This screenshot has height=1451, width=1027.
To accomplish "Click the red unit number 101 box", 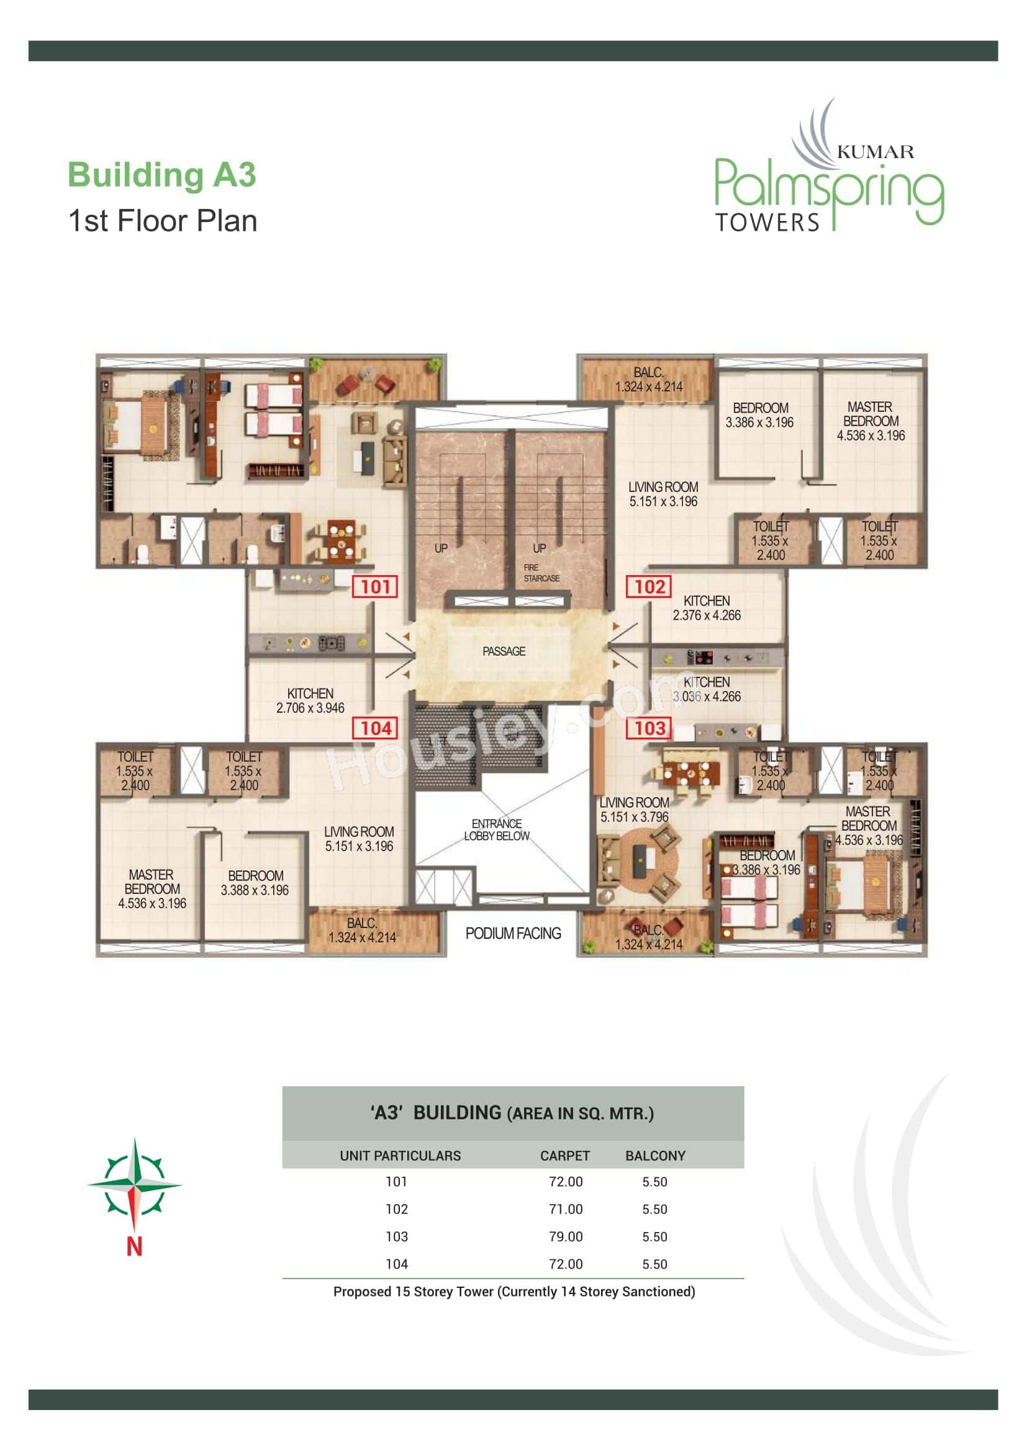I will pos(375,586).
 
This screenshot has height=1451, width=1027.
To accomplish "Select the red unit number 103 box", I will pos(649,728).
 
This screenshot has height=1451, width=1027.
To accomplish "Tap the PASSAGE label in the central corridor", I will pos(504,651).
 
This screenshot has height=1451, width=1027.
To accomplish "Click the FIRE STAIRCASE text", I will pos(541,573).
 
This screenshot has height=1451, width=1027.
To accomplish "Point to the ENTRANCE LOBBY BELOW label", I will pos(497,830).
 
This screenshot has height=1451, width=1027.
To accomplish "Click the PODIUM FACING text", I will pos(513,934).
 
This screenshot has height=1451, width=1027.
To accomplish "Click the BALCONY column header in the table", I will pos(655,1156).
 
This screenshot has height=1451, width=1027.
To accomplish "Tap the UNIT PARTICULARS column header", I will pos(400,1156).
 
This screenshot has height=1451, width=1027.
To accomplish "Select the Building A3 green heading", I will pos(162,175).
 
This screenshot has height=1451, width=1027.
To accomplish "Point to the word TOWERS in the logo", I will pos(766,223).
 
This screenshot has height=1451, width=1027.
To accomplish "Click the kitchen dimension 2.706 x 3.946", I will pos(310,708).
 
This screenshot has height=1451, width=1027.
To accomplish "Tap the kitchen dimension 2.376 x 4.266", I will pos(707,615).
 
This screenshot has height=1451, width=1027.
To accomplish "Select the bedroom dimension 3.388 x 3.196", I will pos(255,890).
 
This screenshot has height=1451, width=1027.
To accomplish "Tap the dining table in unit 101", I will pos(341,542).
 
